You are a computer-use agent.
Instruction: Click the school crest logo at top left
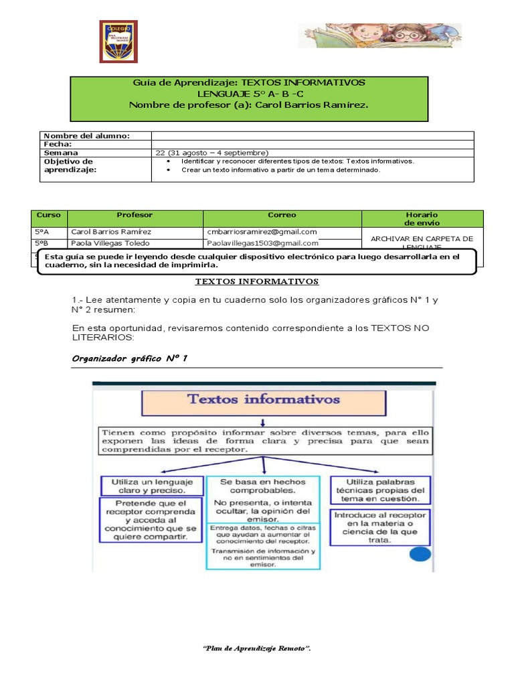(118, 41)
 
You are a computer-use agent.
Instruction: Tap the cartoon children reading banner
(379, 36)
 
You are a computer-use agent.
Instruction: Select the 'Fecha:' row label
(58, 144)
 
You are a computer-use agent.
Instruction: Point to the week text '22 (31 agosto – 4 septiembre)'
(211, 153)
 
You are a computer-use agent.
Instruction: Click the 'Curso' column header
(49, 215)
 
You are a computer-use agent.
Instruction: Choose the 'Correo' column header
(282, 215)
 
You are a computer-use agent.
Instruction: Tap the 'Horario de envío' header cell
(422, 218)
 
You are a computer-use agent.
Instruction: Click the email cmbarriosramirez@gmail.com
(262, 232)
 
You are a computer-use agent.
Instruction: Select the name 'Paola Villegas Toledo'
(110, 243)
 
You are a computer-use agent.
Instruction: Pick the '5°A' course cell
(42, 232)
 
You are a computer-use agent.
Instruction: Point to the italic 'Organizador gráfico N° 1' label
(130, 358)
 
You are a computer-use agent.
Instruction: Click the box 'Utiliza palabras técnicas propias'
(380, 490)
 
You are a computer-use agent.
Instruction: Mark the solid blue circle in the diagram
(419, 555)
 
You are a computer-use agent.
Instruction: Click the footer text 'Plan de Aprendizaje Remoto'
(257, 649)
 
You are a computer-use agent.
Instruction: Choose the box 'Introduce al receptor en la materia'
(380, 527)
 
